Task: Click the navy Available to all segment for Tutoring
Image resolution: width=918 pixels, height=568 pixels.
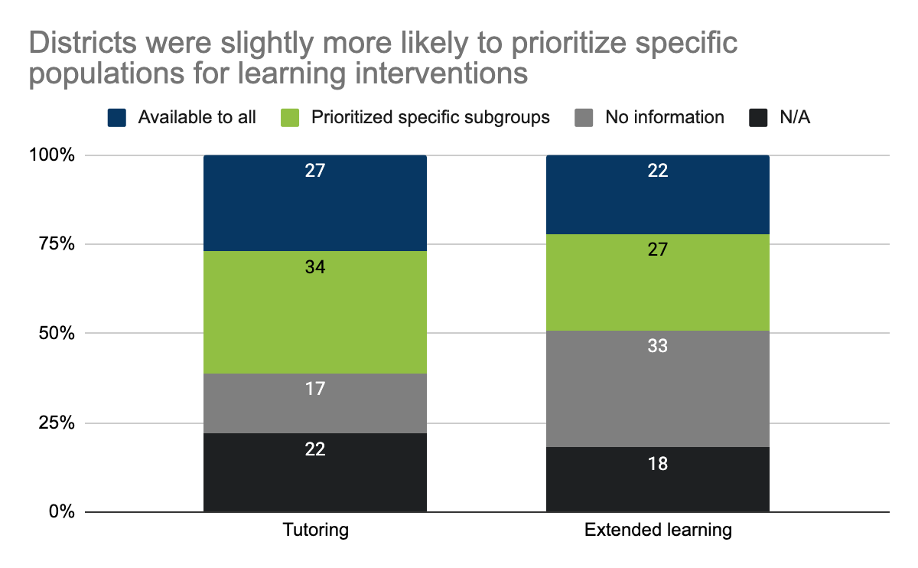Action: (314, 203)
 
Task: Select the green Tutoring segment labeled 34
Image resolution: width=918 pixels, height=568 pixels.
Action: (314, 312)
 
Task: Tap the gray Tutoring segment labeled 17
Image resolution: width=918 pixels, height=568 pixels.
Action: (314, 403)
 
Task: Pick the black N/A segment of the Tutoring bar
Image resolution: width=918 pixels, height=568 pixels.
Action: (314, 472)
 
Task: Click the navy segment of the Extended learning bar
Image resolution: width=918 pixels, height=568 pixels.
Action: (657, 194)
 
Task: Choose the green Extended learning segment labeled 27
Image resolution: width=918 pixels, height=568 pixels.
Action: (657, 282)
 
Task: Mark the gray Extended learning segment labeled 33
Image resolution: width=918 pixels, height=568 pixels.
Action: (657, 389)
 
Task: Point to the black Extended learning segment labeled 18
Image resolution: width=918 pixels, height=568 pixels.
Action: (657, 479)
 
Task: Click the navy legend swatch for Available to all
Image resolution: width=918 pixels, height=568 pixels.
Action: (116, 117)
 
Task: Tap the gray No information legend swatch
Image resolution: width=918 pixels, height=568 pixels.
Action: (584, 117)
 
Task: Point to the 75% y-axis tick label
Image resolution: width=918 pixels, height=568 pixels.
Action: (57, 244)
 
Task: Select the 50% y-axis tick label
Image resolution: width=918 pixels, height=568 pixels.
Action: (57, 334)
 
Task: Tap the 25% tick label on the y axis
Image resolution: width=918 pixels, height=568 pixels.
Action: (57, 423)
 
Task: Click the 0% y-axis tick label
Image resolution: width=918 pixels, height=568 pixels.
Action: (61, 512)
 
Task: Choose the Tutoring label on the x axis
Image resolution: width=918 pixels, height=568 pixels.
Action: (314, 530)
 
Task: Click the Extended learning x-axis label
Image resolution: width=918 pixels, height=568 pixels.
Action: (657, 530)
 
